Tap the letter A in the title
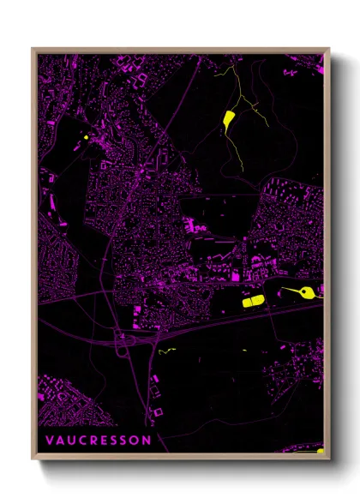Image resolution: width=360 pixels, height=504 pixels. tap(62, 440)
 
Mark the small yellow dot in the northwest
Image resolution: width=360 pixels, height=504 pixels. tap(87, 136)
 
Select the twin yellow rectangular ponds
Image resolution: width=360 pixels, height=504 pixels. tap(253, 301)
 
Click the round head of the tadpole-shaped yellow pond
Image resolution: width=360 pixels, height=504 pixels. tap(300, 295)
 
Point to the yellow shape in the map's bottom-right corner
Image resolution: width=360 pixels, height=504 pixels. tap(321, 450)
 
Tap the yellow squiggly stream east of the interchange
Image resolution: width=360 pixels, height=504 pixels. tap(165, 350)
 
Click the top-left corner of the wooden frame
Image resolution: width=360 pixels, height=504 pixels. tap(33, 49)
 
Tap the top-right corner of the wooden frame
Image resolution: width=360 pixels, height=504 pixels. tap(330, 49)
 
